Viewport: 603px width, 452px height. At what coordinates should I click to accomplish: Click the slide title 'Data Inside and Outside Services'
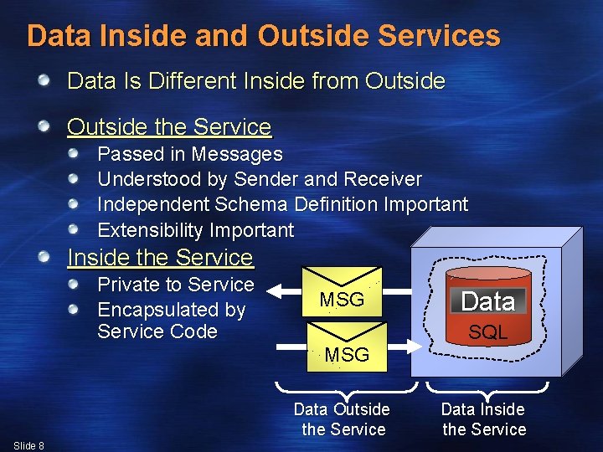[263, 36]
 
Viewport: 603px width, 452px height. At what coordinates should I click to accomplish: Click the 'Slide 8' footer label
[29, 445]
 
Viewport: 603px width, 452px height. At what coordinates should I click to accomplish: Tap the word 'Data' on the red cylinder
[487, 300]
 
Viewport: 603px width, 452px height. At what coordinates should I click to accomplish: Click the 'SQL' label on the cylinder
[487, 332]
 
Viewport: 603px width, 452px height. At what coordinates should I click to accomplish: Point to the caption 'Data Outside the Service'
[342, 419]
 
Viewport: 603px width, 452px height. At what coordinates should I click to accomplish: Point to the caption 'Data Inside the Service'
[483, 419]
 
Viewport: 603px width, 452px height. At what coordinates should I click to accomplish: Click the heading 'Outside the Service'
[169, 127]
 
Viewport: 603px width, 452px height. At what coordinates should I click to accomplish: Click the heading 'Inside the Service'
[159, 257]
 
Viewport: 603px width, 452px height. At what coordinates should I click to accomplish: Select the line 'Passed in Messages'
[190, 154]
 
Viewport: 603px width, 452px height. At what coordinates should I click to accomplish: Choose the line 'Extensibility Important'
[196, 230]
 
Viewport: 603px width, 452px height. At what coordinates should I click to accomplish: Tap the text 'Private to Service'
[176, 285]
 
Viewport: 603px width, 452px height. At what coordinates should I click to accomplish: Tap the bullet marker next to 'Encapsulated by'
[75, 310]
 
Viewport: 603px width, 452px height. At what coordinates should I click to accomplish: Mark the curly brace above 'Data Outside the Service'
[346, 388]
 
